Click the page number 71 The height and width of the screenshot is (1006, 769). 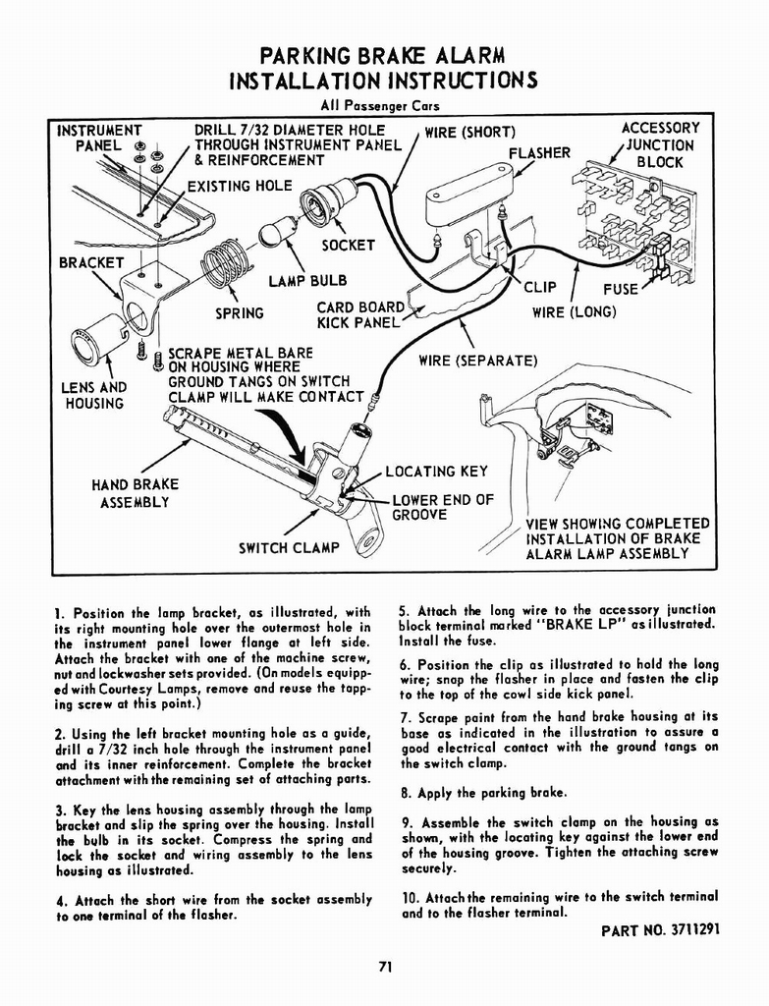pos(385,967)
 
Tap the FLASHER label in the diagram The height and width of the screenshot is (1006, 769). pos(539,152)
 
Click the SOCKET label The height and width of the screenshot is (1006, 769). pos(348,245)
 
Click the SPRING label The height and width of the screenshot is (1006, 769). pos(240,313)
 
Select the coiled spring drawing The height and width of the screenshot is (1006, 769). pos(226,262)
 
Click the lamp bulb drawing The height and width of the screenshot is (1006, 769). pos(273,234)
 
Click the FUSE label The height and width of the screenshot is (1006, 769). pos(621,289)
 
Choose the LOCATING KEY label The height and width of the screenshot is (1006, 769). pos(436,472)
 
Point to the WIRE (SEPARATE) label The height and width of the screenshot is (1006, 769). pos(478,361)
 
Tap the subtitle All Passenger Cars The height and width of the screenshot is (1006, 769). pos(384,106)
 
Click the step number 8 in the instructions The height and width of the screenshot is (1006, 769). pos(406,793)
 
